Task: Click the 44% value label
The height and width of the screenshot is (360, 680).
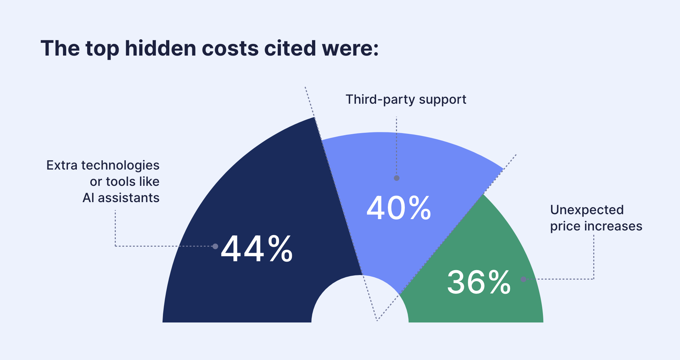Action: [x=256, y=249]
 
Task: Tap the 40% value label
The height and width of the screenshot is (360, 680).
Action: [x=399, y=208]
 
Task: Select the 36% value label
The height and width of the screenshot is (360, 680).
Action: [x=479, y=282]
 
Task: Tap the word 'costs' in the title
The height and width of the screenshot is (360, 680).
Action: [x=230, y=48]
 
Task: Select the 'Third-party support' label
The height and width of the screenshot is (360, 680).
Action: [x=406, y=99]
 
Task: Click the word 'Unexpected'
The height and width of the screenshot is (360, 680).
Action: [x=587, y=210]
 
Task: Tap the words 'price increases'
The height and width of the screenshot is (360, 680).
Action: [x=596, y=226]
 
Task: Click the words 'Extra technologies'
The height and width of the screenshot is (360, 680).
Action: [x=103, y=165]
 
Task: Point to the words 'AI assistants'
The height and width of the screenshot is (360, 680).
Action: [x=121, y=198]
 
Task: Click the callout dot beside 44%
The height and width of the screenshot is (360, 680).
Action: [x=215, y=246]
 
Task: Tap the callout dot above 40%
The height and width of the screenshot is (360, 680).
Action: [x=397, y=178]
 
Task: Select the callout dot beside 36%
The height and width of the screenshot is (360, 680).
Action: [x=523, y=279]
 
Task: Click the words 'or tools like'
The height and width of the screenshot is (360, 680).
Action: [x=124, y=182]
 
